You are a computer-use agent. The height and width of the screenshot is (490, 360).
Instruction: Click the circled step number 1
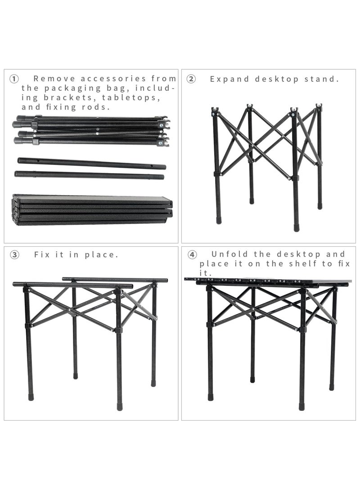tap(14, 79)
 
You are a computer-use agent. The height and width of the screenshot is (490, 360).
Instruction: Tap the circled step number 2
tap(191, 79)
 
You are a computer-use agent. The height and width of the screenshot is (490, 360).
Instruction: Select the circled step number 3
tap(14, 255)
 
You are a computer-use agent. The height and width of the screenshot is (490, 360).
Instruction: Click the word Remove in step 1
tap(53, 79)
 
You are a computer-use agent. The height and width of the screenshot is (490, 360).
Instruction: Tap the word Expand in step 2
tap(229, 79)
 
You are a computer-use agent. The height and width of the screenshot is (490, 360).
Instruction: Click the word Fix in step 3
tap(43, 254)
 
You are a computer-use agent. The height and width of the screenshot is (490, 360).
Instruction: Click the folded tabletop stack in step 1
tap(92, 209)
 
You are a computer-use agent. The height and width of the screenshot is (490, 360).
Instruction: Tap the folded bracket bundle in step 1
tap(90, 131)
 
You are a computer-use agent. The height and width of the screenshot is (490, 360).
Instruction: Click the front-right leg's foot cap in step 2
tap(297, 227)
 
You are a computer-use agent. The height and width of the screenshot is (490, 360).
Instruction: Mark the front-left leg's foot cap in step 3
tap(31, 397)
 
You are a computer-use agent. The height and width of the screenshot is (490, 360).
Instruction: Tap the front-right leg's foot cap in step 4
tap(301, 406)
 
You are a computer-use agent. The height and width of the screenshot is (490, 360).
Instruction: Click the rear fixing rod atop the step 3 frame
tap(115, 280)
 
